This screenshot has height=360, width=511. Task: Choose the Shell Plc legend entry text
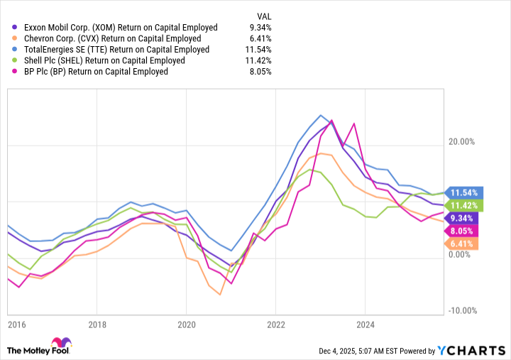pos(104,60)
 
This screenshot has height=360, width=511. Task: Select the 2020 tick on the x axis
pos(186,324)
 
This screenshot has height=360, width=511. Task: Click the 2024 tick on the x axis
pos(365,324)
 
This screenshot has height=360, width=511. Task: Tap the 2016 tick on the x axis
pos(16,324)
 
